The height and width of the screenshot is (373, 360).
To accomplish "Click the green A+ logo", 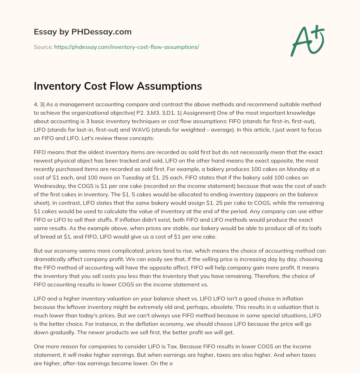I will click(x=307, y=40).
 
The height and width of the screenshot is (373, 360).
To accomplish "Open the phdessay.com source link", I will click(x=127, y=47).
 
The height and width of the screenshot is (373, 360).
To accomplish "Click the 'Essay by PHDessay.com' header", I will click(x=83, y=32).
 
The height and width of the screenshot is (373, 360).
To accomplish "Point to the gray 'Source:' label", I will click(x=43, y=47).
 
